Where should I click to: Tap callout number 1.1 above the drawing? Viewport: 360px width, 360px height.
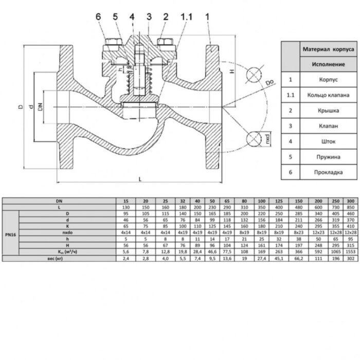[x=186, y=16]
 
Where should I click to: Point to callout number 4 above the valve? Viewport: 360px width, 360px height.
[x=132, y=16]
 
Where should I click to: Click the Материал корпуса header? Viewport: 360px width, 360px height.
[x=327, y=50]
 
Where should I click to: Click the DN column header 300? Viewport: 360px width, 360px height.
[x=351, y=200]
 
